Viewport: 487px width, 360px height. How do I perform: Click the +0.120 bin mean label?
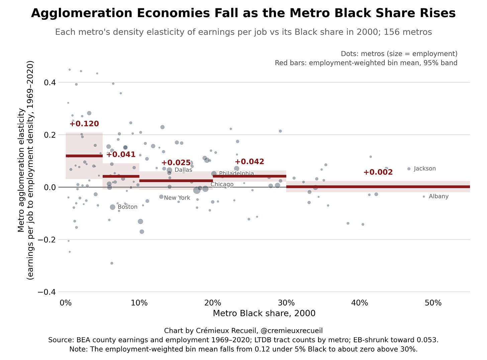[84, 124]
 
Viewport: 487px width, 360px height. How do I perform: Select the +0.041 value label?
[121, 154]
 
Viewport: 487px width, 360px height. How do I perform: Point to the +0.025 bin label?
[176, 163]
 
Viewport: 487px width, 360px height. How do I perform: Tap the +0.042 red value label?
[250, 161]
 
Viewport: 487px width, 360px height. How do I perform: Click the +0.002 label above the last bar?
[378, 172]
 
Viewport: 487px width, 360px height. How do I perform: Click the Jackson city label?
[425, 168]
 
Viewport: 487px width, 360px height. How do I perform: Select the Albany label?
[439, 196]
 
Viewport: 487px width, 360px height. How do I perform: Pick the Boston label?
[127, 207]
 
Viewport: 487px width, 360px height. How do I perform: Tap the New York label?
[177, 198]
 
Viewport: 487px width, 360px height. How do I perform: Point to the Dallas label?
[183, 170]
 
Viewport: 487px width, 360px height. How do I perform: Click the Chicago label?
[222, 185]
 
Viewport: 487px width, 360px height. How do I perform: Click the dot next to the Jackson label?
[409, 169]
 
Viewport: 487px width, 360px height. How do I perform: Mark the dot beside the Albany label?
[424, 197]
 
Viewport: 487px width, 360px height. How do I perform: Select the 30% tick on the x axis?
[286, 303]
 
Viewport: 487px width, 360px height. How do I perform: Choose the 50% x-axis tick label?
[433, 303]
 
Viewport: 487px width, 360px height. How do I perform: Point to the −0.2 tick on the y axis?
[47, 239]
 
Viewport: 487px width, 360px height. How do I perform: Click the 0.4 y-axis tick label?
[50, 83]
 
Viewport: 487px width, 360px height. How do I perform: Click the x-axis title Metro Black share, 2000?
[264, 314]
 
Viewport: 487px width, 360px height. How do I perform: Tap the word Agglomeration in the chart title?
[82, 13]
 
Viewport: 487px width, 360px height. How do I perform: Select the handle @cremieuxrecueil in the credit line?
[292, 331]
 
